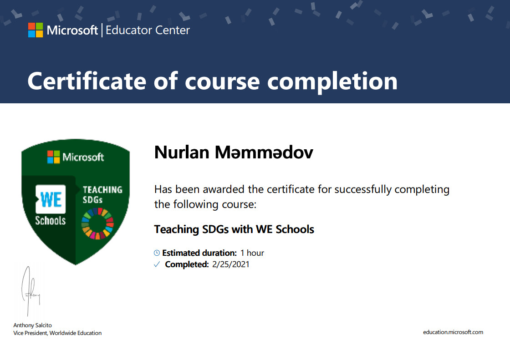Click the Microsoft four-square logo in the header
tap(36, 30)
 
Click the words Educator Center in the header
tap(148, 30)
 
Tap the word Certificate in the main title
tap(87, 81)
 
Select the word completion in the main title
tap(332, 82)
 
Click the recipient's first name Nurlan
tap(182, 152)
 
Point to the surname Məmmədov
tap(264, 152)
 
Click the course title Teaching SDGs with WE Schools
tap(234, 229)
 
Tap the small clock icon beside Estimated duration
tap(157, 253)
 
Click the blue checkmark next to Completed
tap(157, 264)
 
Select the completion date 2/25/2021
tap(230, 264)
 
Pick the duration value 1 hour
tap(252, 253)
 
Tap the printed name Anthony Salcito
tap(32, 325)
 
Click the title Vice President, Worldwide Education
tap(57, 333)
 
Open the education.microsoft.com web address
tap(453, 332)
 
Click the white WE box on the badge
tap(51, 199)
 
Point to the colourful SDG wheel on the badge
tap(97, 223)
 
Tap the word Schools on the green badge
tap(51, 220)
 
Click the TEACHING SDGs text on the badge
tap(102, 194)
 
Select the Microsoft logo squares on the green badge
tap(54, 157)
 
